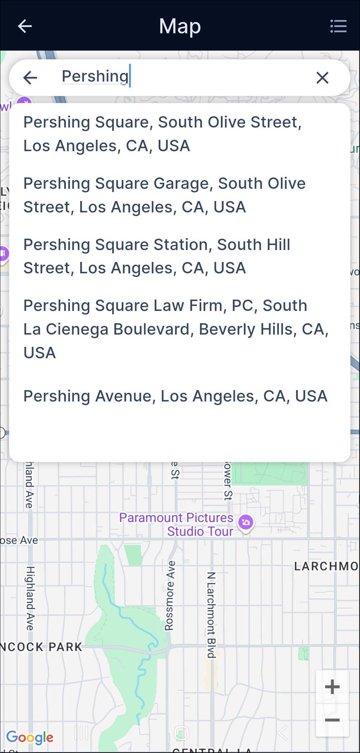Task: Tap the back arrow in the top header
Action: coord(25,26)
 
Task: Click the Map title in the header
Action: coord(180,26)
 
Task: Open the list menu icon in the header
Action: coord(338,26)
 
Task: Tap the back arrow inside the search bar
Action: coord(30,78)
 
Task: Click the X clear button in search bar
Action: coord(322,78)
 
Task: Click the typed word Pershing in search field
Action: coord(95,76)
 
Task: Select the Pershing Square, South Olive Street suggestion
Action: coord(162,134)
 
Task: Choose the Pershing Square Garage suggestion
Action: coord(164,195)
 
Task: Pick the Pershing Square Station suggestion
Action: coord(157,256)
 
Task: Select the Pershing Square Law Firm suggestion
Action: coord(176,329)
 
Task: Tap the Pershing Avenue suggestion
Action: coord(175,396)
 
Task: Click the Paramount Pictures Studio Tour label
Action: coord(176,524)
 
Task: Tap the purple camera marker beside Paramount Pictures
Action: coord(246,522)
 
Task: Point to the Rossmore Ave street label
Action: coord(170,596)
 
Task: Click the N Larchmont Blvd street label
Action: coord(211,615)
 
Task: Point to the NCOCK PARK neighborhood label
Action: coord(41,647)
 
